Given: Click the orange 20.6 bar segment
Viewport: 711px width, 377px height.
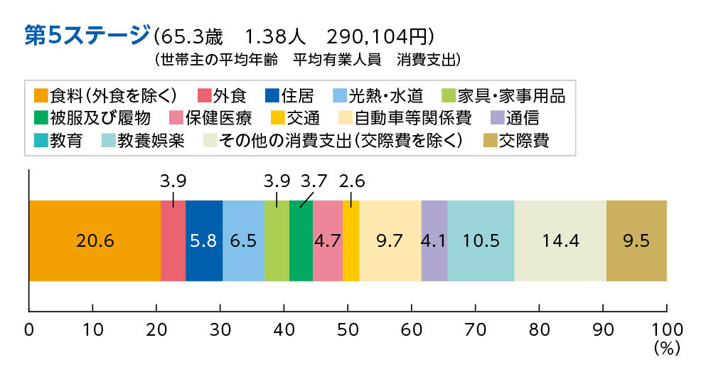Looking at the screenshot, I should click(x=95, y=241).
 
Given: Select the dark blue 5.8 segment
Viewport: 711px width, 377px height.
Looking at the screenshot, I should click(x=204, y=241).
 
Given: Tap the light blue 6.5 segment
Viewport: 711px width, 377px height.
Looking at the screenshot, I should click(x=243, y=241).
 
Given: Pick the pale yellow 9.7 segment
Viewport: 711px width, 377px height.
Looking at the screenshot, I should click(x=390, y=241).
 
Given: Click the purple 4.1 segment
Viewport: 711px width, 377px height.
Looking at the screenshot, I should click(x=434, y=241).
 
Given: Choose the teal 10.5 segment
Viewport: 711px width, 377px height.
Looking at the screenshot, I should click(x=481, y=241).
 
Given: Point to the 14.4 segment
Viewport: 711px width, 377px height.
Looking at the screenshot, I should click(x=560, y=241).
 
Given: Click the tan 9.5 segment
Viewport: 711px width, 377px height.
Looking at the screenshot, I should click(x=636, y=241).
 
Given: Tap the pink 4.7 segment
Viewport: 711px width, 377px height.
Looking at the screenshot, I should click(x=328, y=241).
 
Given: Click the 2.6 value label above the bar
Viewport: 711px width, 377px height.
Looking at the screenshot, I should click(x=352, y=182).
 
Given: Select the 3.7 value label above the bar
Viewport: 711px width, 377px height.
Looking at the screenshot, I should click(x=315, y=182).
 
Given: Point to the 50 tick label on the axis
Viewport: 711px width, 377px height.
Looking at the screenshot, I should click(x=348, y=329).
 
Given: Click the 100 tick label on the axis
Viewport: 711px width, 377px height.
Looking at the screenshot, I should click(x=665, y=329).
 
